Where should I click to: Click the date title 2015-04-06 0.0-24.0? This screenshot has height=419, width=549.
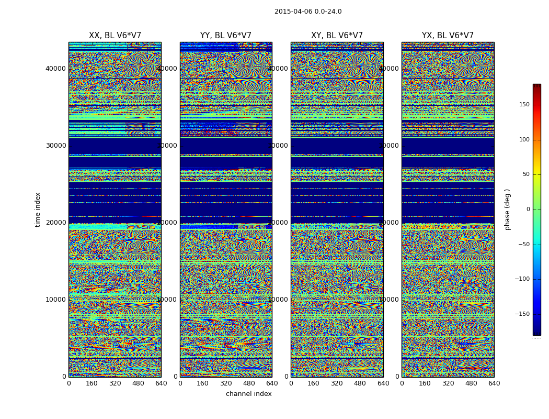pyautogui.click(x=308, y=12)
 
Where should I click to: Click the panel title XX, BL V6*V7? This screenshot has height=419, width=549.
pyautogui.click(x=115, y=36)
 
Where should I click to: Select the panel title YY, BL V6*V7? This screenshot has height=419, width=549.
pyautogui.click(x=226, y=36)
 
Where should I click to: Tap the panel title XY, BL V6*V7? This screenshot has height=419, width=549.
pyautogui.click(x=337, y=36)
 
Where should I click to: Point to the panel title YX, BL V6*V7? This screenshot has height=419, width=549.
pyautogui.click(x=448, y=36)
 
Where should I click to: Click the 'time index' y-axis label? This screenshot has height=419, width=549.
pyautogui.click(x=38, y=210)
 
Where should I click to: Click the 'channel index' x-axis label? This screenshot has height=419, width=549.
pyautogui.click(x=249, y=394)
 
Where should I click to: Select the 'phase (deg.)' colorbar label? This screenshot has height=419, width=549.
pyautogui.click(x=507, y=210)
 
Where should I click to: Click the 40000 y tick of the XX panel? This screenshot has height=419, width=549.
pyautogui.click(x=56, y=68)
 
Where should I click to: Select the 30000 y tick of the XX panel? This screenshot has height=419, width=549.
pyautogui.click(x=56, y=146)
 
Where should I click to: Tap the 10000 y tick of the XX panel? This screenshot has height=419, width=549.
pyautogui.click(x=56, y=300)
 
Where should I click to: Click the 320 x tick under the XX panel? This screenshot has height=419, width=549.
pyautogui.click(x=115, y=383)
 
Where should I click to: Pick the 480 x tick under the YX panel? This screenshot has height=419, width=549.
pyautogui.click(x=471, y=383)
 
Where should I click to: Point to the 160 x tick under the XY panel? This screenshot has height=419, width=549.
pyautogui.click(x=314, y=383)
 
